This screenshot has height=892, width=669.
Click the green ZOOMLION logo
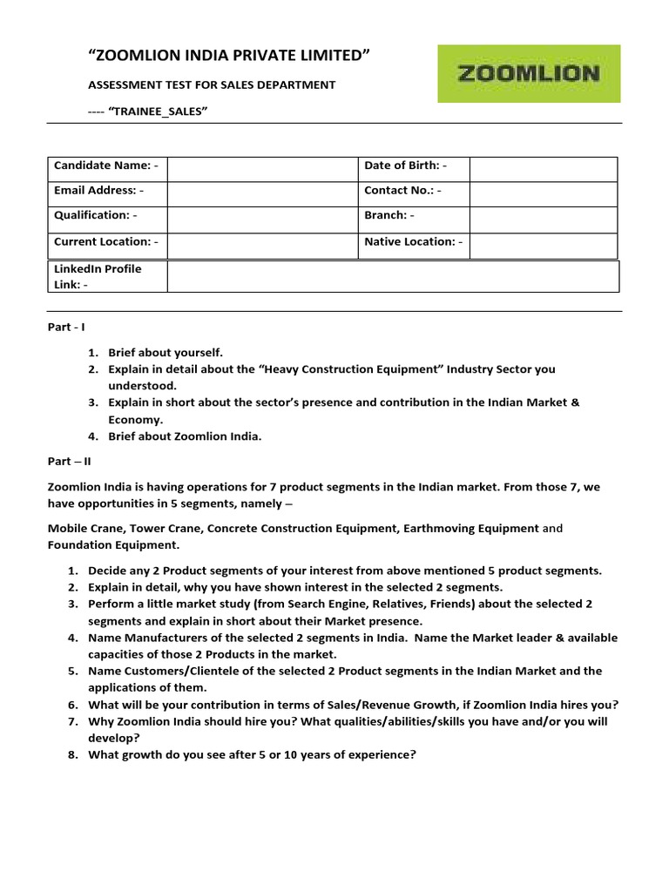tap(529, 74)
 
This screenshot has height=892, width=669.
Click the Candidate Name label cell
tap(106, 166)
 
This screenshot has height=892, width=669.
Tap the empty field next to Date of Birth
tap(543, 166)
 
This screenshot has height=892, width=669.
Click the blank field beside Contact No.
tap(543, 191)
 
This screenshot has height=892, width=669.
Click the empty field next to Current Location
tap(261, 242)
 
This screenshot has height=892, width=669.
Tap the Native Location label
tap(413, 242)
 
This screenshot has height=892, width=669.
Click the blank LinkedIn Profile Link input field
tap(392, 276)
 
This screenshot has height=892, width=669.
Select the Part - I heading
tap(66, 327)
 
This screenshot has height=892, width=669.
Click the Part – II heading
tap(69, 463)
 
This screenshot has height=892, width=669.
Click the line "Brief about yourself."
tap(166, 353)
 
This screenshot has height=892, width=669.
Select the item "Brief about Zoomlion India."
tap(184, 436)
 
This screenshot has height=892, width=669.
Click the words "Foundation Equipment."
tap(113, 545)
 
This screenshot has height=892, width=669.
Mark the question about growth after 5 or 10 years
tap(252, 755)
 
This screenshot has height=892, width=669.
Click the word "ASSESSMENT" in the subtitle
tap(122, 84)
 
